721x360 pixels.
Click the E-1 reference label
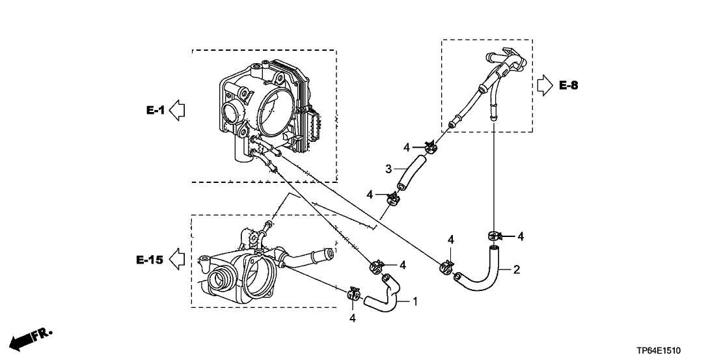(156, 110)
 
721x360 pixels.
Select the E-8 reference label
(568, 85)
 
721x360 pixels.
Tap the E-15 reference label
(150, 260)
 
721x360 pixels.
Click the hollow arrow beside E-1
(177, 111)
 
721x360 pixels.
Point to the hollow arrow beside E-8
(545, 85)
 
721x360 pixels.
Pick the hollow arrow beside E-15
(177, 260)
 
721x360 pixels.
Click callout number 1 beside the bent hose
(415, 301)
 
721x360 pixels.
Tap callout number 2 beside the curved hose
(517, 270)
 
